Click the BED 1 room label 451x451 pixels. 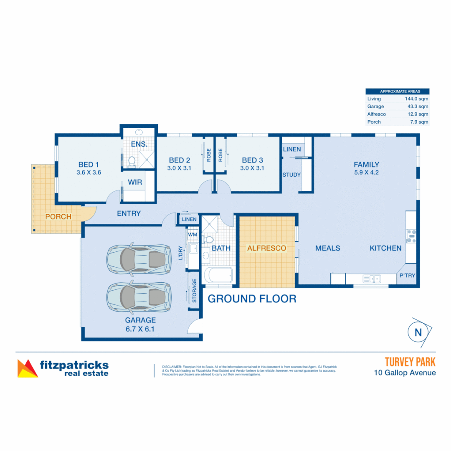[89, 164]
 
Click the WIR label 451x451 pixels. [134, 182]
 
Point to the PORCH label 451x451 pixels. [58, 217]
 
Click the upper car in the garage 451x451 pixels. [139, 259]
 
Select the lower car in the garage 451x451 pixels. [139, 296]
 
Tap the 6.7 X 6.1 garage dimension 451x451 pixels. [140, 329]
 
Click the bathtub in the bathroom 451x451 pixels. [218, 276]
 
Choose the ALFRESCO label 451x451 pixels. [266, 248]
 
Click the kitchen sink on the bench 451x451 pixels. [371, 278]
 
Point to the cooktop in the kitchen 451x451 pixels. [411, 236]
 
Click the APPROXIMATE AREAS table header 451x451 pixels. [397, 91]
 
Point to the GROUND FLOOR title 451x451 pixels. [252, 299]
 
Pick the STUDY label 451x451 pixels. [291, 175]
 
